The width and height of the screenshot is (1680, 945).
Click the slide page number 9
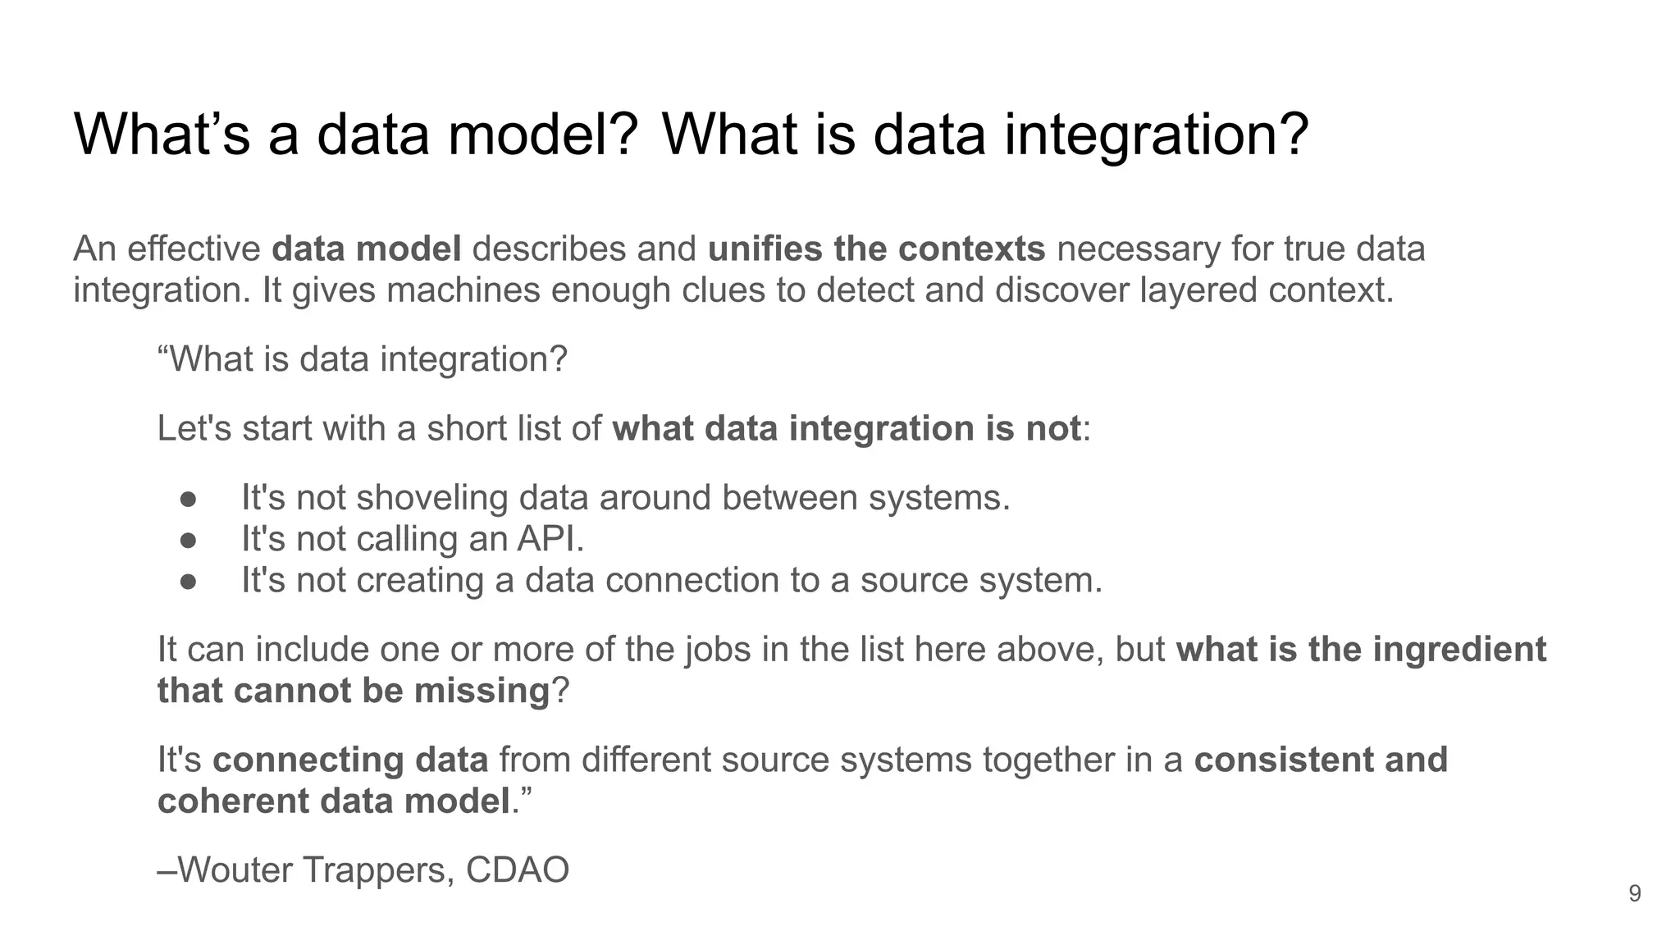pyautogui.click(x=1634, y=893)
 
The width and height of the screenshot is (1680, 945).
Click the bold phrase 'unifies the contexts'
pyautogui.click(x=876, y=249)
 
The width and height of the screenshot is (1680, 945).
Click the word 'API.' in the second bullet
pyautogui.click(x=550, y=539)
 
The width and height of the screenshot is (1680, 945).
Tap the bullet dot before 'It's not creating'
pyautogui.click(x=188, y=581)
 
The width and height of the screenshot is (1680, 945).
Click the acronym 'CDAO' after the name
pyautogui.click(x=518, y=870)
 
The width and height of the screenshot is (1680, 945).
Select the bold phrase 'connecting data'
pyautogui.click(x=350, y=760)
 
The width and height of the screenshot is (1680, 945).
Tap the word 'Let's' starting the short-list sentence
pyautogui.click(x=194, y=429)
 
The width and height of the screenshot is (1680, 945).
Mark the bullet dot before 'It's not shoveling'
pyautogui.click(x=188, y=498)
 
